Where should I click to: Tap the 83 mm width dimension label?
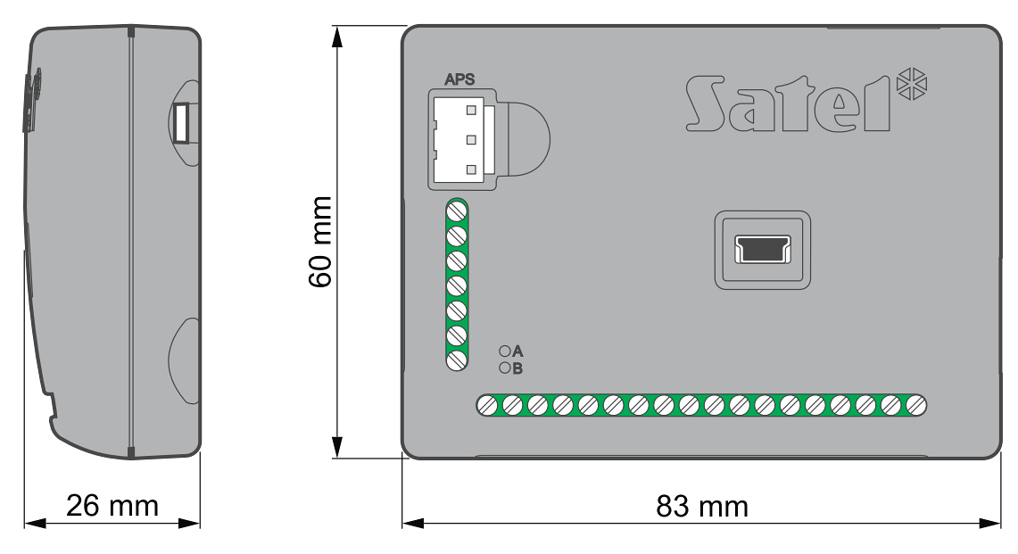[x=702, y=507]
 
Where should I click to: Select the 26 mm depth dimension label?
[x=112, y=507]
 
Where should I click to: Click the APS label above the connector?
[x=459, y=79]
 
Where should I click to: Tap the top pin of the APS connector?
[x=469, y=111]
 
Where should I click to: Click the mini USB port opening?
[x=763, y=250]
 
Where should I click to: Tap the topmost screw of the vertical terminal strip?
[x=458, y=211]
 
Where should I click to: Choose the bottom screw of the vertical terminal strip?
[x=458, y=360]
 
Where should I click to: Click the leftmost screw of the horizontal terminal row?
[x=487, y=405]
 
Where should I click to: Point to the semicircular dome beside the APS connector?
[x=526, y=138]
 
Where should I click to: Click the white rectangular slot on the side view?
[x=182, y=122]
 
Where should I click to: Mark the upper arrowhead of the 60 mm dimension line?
[x=337, y=35]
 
